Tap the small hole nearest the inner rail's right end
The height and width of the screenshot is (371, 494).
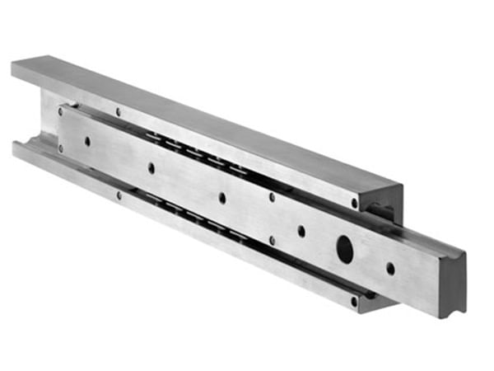390,268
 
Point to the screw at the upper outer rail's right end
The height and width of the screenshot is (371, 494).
355,203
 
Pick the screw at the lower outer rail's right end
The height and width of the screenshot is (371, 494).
354,301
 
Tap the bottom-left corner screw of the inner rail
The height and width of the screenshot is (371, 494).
60,148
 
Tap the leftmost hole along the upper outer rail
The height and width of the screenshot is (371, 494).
118,111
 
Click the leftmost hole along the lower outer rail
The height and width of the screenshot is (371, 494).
119,195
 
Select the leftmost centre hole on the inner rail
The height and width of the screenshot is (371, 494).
87,141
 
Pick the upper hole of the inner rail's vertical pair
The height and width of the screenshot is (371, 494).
273,197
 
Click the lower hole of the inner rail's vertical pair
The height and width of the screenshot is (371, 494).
273,241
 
